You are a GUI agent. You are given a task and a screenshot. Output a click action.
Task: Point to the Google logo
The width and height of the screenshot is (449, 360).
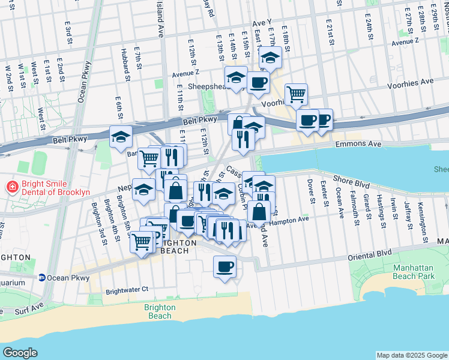pos(20,352)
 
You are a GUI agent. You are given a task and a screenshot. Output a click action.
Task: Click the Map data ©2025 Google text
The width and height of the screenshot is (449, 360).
pos(411,355)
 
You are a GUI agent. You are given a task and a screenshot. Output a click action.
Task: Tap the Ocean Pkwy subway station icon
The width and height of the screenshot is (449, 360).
pos(42,278)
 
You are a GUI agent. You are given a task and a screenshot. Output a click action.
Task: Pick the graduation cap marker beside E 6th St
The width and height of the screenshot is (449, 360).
pos(121,137)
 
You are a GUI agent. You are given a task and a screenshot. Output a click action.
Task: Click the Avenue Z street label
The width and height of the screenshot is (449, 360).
pos(185,74)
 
